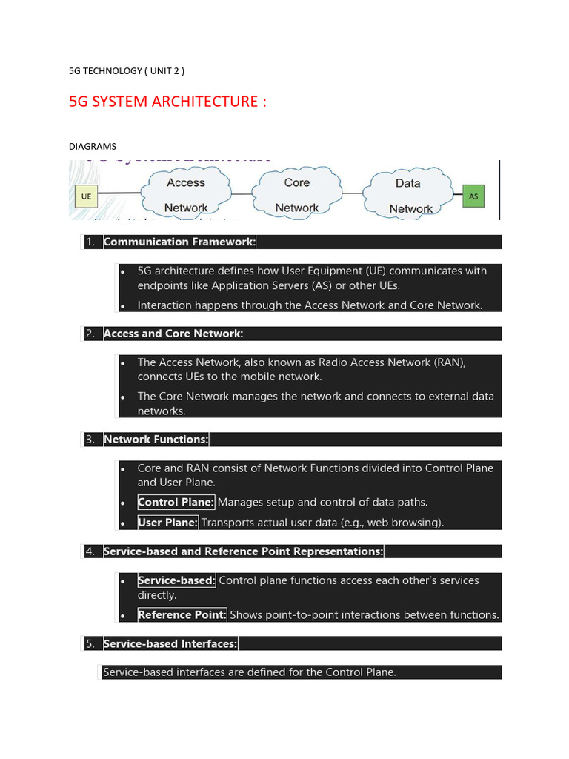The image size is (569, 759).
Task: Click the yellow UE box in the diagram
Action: (87, 196)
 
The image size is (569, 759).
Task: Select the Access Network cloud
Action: (186, 194)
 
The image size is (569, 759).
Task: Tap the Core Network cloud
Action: (296, 194)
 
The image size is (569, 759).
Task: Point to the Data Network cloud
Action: (408, 195)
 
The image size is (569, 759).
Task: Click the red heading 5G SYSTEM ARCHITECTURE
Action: (167, 102)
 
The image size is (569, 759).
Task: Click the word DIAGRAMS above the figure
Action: (93, 146)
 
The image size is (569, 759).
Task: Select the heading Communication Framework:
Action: (180, 242)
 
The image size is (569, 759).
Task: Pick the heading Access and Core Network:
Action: (173, 334)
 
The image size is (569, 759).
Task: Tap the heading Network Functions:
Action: (156, 440)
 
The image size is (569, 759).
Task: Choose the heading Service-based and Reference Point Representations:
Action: (244, 551)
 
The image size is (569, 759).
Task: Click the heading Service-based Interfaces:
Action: (170, 644)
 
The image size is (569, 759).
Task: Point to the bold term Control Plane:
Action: (176, 502)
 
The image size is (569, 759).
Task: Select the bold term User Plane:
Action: (167, 523)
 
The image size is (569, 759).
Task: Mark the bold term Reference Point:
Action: (182, 614)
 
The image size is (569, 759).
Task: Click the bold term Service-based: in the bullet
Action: (176, 580)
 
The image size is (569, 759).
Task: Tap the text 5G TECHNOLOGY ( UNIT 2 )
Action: (127, 71)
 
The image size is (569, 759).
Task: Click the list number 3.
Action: (90, 440)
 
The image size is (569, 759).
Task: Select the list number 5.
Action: (90, 644)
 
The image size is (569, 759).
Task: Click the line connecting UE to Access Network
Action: (123, 194)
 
